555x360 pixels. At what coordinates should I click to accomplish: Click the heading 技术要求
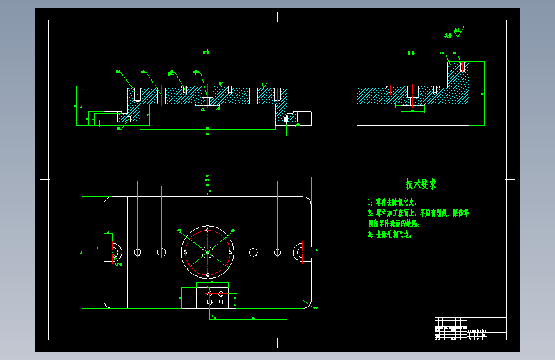point(421,184)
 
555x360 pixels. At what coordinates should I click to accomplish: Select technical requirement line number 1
point(392,201)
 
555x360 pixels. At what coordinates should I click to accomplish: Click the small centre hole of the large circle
point(207,252)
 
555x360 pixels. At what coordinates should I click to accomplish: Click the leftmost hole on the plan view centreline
point(138,252)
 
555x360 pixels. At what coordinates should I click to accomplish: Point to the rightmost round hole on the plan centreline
point(277,252)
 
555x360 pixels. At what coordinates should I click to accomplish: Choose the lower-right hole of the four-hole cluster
point(221,300)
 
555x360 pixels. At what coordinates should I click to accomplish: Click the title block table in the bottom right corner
point(470,327)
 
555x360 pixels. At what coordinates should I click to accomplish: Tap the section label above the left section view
point(206,53)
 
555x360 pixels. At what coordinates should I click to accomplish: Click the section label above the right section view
point(412,53)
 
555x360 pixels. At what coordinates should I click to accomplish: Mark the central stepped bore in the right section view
point(412,96)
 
